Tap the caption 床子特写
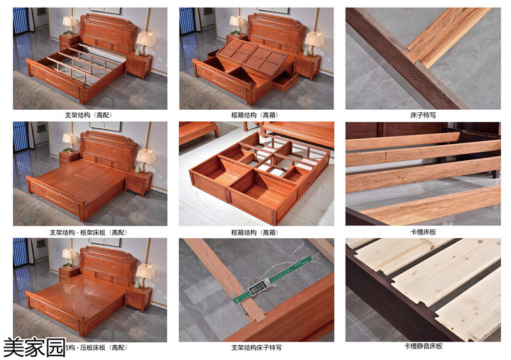[422, 116]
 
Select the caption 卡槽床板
[422, 232]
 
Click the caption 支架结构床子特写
[256, 348]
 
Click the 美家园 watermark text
[34, 347]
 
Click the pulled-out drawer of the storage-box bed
[285, 80]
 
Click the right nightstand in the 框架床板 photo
[139, 182]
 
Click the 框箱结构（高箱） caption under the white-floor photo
[256, 232]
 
